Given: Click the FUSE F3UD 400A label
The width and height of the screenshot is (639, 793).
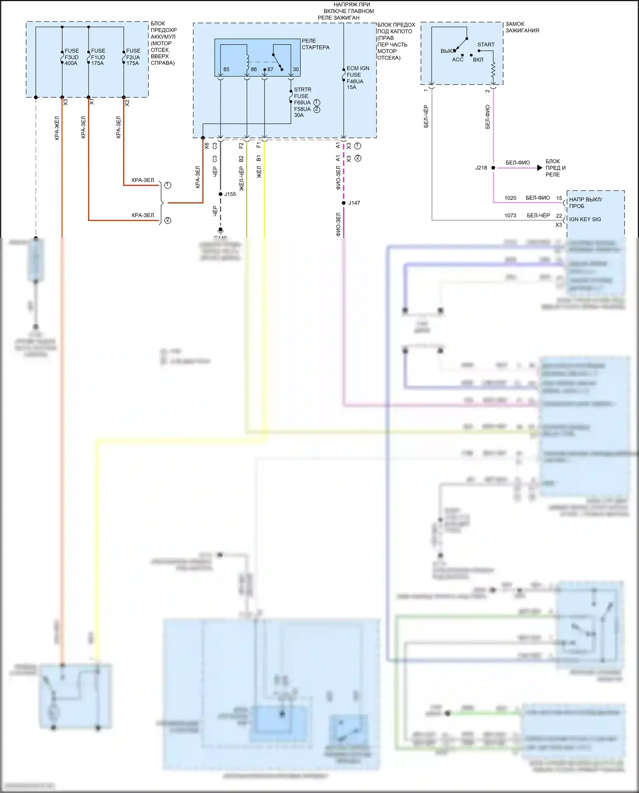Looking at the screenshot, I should pyautogui.click(x=71, y=57).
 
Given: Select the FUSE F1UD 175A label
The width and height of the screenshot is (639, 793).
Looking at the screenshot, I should pyautogui.click(x=98, y=57).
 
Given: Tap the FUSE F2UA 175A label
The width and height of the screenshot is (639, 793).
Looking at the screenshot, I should pyautogui.click(x=132, y=57).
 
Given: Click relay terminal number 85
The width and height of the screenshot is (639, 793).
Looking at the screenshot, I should pyautogui.click(x=226, y=69).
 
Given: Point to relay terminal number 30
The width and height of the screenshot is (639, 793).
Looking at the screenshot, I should pyautogui.click(x=296, y=69).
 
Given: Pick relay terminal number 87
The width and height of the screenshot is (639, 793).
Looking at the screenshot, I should pyautogui.click(x=270, y=69).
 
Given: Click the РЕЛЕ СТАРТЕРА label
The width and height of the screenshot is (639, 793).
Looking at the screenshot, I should pyautogui.click(x=315, y=44).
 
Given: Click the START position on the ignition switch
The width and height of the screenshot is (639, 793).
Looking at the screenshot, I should pyautogui.click(x=486, y=45).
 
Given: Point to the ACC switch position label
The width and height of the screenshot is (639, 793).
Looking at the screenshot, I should pyautogui.click(x=458, y=60).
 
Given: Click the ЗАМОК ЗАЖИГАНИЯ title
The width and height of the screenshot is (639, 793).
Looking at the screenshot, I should pyautogui.click(x=522, y=27).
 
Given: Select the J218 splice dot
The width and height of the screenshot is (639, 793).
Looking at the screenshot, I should pyautogui.click(x=493, y=168).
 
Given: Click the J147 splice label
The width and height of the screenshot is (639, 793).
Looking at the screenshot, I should pyautogui.click(x=354, y=203).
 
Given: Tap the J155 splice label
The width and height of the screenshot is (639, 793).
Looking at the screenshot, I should pyautogui.click(x=230, y=194).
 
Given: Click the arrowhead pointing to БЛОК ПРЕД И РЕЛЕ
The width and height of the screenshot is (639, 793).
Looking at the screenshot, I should pyautogui.click(x=540, y=168).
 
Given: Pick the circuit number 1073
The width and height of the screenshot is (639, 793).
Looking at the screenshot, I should pyautogui.click(x=510, y=216).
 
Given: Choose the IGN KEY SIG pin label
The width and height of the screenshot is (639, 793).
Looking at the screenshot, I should pyautogui.click(x=585, y=219).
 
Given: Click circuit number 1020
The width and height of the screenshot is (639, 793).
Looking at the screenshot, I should pyautogui.click(x=510, y=198).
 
